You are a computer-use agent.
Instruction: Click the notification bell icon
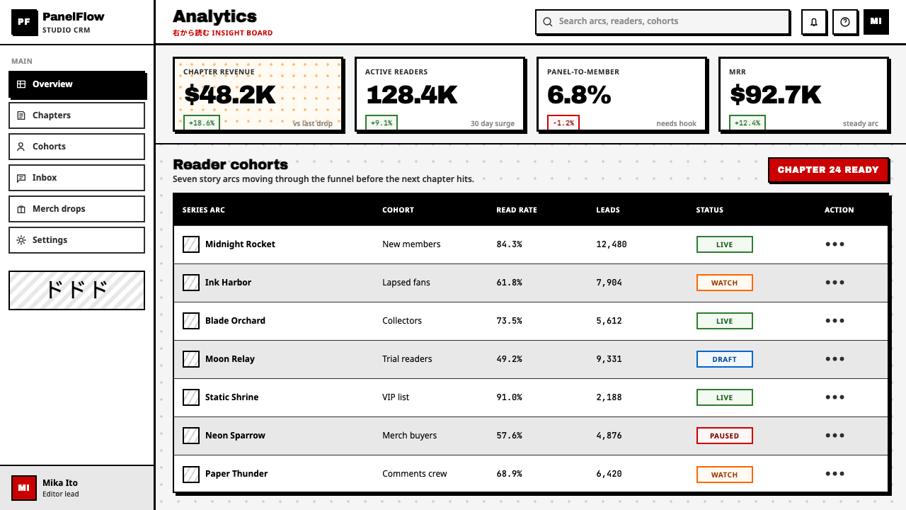pos(814,22)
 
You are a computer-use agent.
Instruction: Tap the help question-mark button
pos(845,22)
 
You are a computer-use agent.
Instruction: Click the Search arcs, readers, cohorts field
pos(663,21)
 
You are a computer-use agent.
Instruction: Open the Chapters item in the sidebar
pos(77,115)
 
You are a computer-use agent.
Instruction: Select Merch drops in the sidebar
pos(77,209)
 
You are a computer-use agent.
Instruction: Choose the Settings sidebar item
pos(77,240)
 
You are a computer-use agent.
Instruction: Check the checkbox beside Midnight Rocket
pos(191,244)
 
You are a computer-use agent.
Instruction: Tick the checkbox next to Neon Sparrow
pos(191,436)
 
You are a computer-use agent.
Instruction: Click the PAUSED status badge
pos(724,436)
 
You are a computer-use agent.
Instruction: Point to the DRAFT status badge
pos(724,359)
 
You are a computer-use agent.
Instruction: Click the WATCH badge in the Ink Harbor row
pos(724,283)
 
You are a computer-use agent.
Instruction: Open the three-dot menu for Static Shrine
pos(835,397)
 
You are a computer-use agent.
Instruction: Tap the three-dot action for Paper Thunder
pos(835,474)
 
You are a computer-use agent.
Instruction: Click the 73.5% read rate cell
pos(509,321)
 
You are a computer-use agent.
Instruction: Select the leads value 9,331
pos(609,359)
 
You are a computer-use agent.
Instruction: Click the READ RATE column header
pos(517,210)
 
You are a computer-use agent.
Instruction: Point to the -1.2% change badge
pos(563,123)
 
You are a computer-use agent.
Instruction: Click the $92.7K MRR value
pos(776,95)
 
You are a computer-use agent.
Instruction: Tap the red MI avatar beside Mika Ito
pos(24,488)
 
